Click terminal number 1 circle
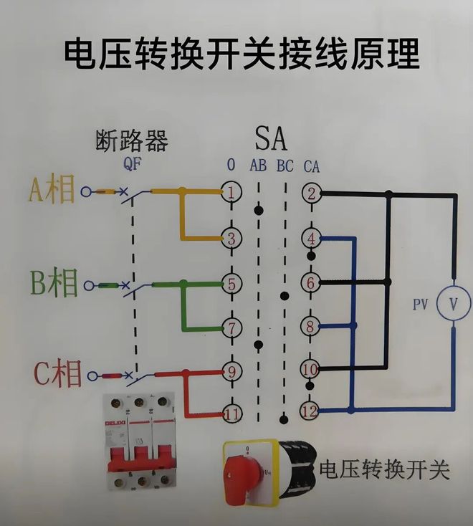pos(231,191)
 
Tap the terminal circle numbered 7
pos(231,327)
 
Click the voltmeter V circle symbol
pos(453,304)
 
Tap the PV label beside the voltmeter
pos(421,305)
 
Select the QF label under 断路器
pos(132,164)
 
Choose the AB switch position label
pos(258,166)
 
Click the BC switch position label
pos(285,166)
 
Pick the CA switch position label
pos(312,166)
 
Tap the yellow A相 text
pos(52,190)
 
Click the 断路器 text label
pos(132,140)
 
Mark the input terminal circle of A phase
pos(87,191)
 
